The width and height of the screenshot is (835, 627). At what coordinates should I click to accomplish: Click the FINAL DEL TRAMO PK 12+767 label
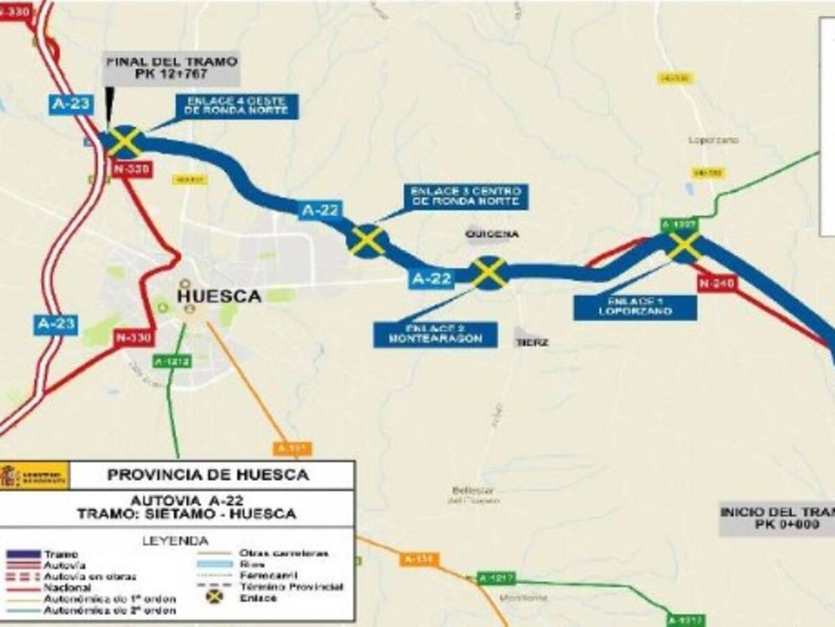point(172,68)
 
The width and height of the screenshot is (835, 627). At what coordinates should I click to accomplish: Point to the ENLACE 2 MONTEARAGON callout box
point(435,334)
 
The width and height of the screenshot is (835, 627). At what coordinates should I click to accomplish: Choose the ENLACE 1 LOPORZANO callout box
point(635,307)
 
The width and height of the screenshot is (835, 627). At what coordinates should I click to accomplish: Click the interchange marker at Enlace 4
point(125,141)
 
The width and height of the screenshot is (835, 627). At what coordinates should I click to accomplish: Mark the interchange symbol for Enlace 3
point(367,240)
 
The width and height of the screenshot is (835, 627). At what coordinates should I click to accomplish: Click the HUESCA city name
point(219,295)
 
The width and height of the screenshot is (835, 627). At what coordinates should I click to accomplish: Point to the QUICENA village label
point(492,234)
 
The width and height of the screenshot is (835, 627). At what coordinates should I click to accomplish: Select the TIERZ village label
point(532,342)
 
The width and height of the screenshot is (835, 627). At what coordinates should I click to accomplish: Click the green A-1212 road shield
point(170,362)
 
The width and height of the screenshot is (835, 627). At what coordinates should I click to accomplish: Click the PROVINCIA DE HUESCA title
point(207,475)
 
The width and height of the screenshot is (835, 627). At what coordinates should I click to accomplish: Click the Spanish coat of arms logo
point(10,475)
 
